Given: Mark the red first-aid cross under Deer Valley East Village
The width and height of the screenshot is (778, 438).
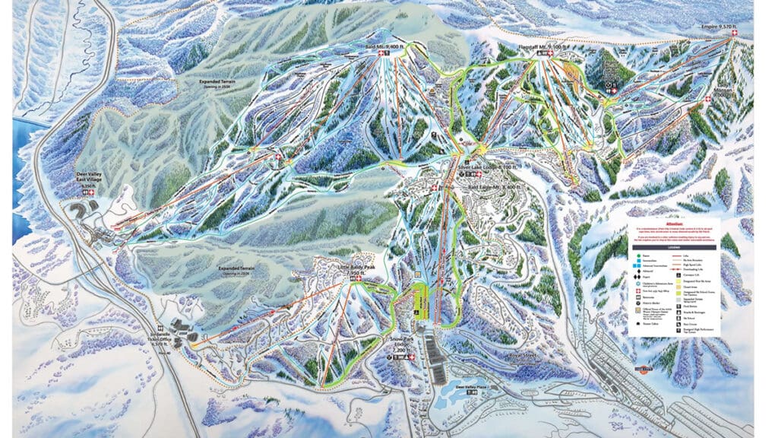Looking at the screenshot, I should point(93,193).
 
